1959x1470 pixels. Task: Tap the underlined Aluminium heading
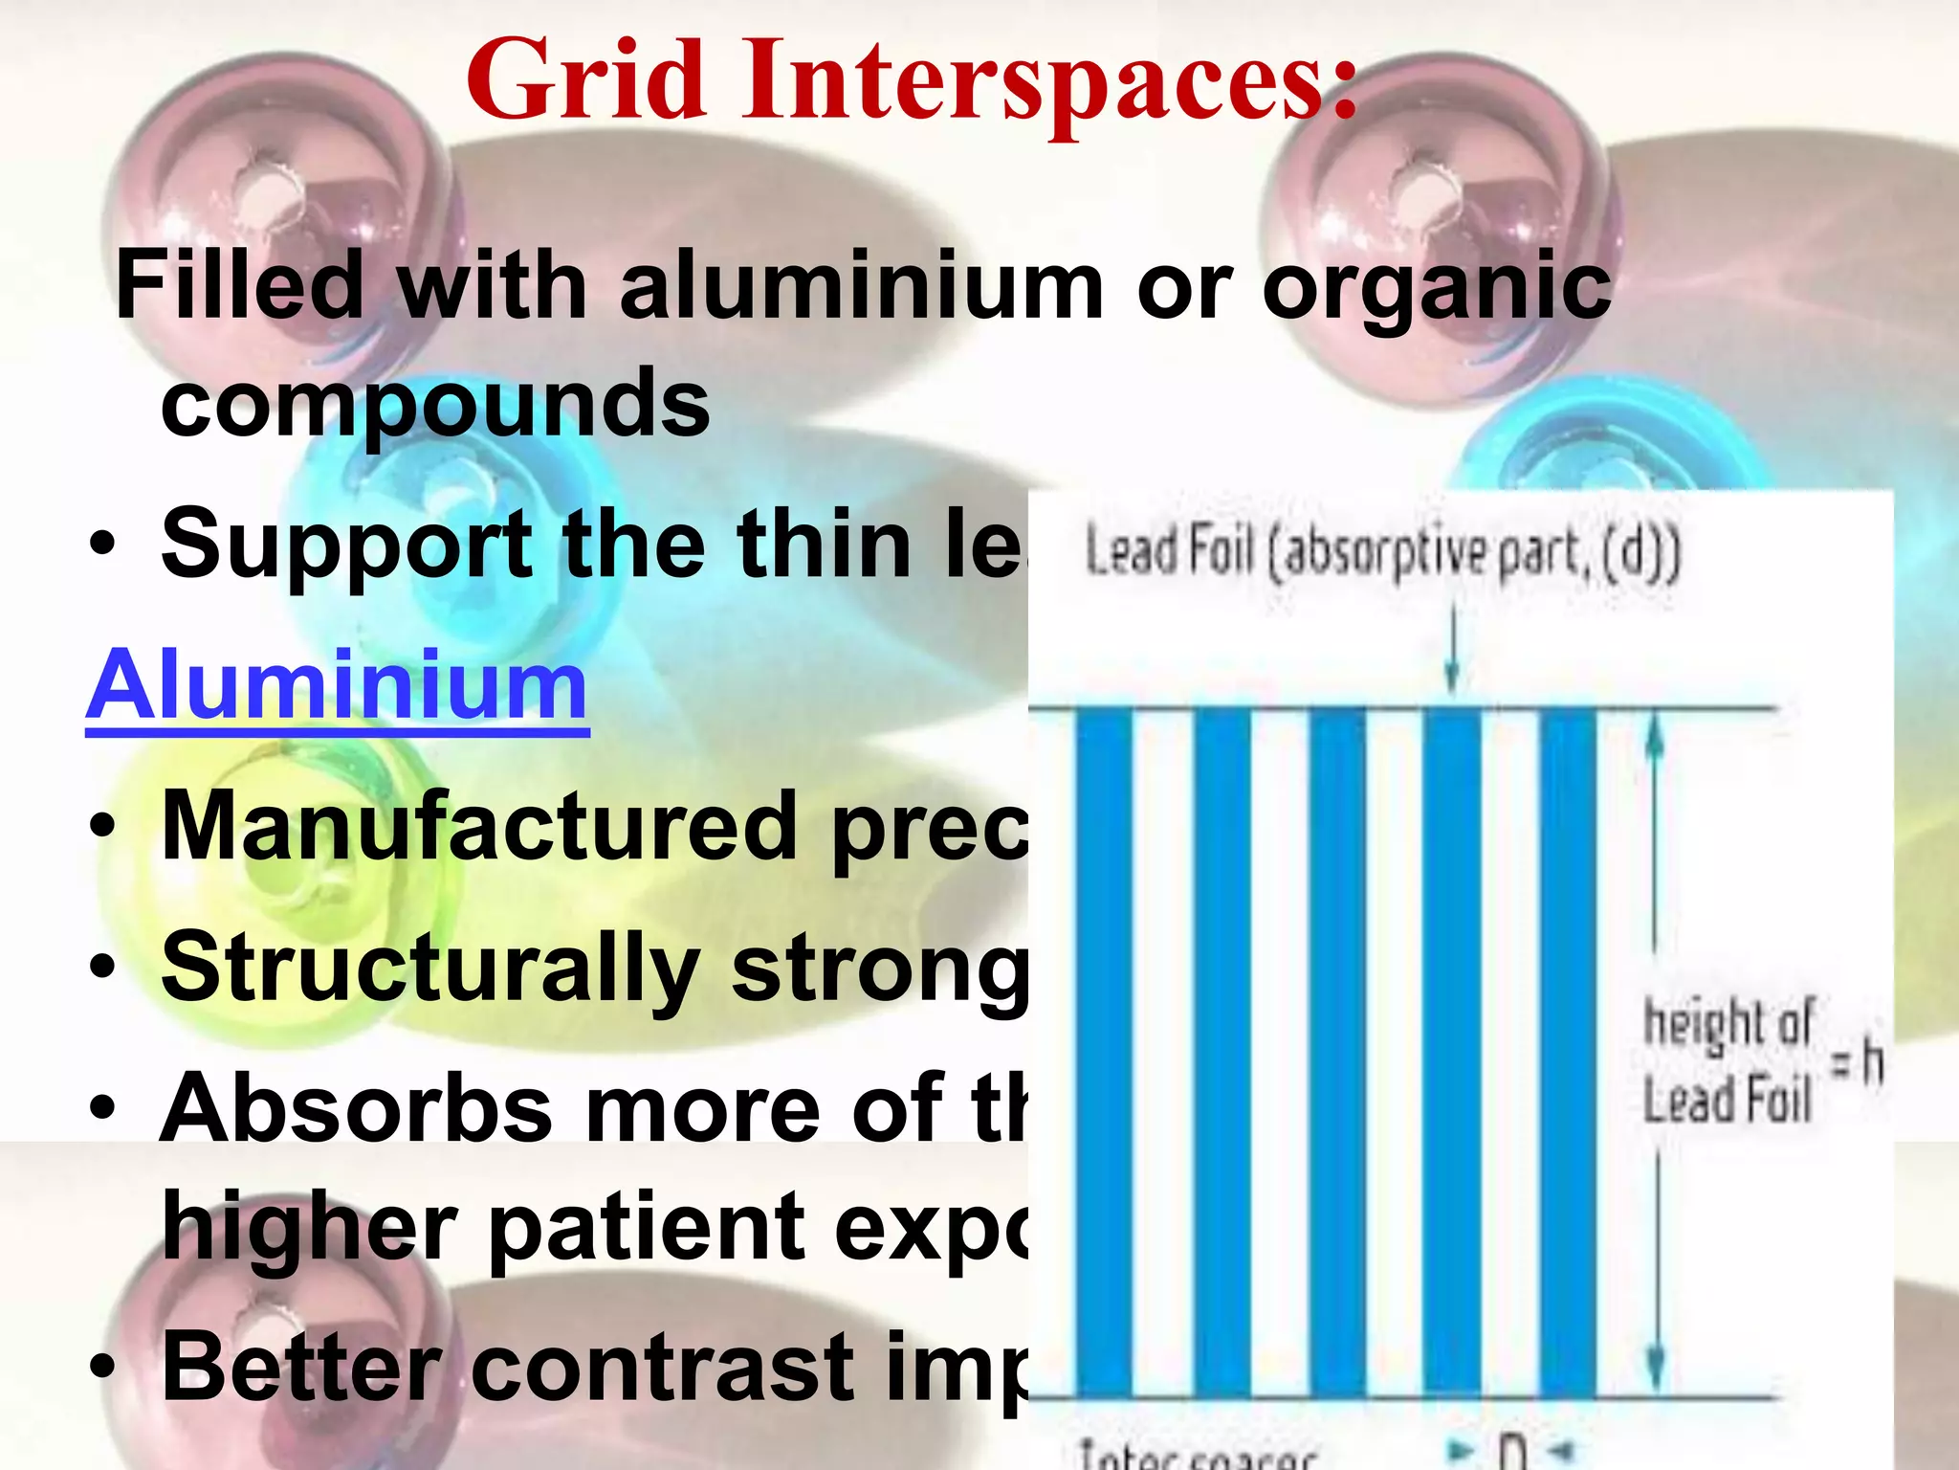click(x=337, y=685)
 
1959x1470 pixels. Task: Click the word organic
click(x=1437, y=289)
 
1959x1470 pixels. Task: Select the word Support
click(x=345, y=546)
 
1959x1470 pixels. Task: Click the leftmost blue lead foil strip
click(x=1104, y=1053)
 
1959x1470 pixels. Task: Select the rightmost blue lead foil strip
click(x=1568, y=1053)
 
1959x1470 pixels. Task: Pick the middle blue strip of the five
click(x=1337, y=1053)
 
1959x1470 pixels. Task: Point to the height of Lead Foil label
click(x=1728, y=1060)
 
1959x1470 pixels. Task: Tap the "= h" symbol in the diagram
click(x=1857, y=1062)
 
